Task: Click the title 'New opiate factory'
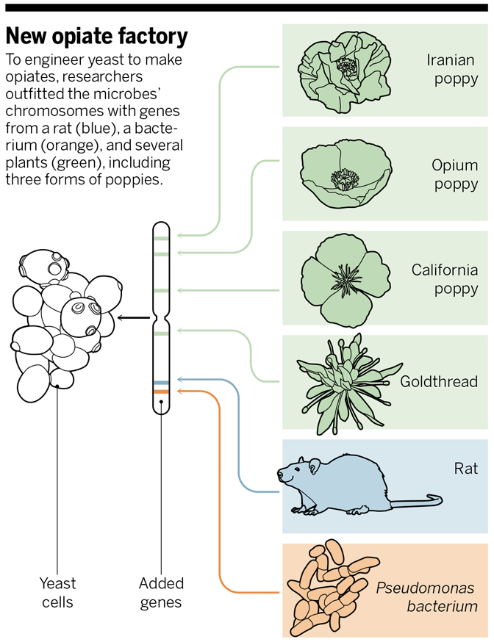point(97,36)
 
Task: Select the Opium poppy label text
point(455,175)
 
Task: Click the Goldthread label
point(439,382)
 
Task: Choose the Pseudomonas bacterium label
point(426,597)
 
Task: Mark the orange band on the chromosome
point(161,393)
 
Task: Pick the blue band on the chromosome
point(161,383)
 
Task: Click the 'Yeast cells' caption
point(57,593)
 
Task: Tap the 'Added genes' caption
point(161,593)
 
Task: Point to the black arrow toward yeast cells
point(132,318)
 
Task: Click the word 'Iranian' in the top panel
point(451,59)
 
